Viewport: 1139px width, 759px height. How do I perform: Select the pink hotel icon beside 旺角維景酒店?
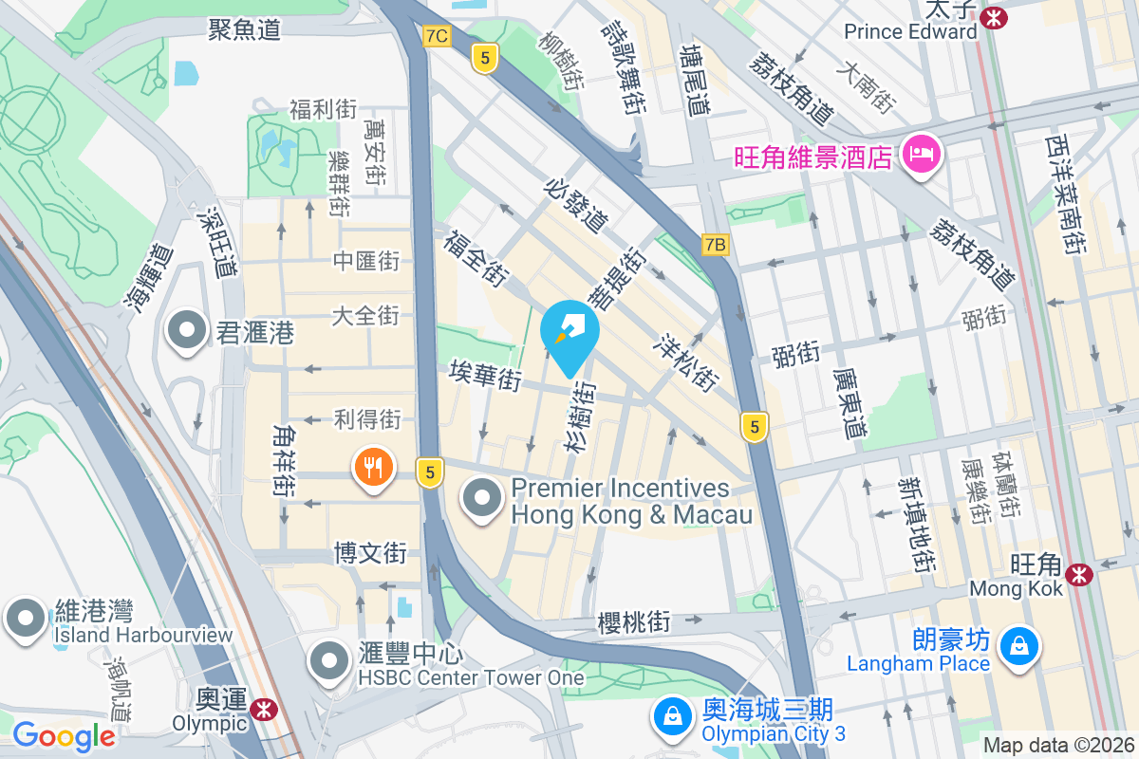pyautogui.click(x=921, y=153)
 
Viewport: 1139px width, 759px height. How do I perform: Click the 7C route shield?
pyautogui.click(x=437, y=36)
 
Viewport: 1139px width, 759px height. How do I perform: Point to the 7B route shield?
pyautogui.click(x=716, y=245)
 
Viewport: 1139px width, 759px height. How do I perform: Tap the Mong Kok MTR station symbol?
pyautogui.click(x=1078, y=574)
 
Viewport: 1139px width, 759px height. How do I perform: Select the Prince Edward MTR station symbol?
pyautogui.click(x=994, y=17)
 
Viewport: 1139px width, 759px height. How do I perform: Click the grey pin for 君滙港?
pyautogui.click(x=187, y=331)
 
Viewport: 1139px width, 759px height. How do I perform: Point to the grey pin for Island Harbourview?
pyautogui.click(x=26, y=618)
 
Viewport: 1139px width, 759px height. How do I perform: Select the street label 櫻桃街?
pyautogui.click(x=634, y=623)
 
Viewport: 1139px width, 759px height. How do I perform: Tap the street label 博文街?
pyautogui.click(x=370, y=552)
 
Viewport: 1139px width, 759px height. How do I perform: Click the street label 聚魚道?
pyautogui.click(x=245, y=29)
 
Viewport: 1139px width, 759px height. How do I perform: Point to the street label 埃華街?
pyautogui.click(x=486, y=376)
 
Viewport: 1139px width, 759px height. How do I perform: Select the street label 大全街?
pyautogui.click(x=365, y=315)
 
